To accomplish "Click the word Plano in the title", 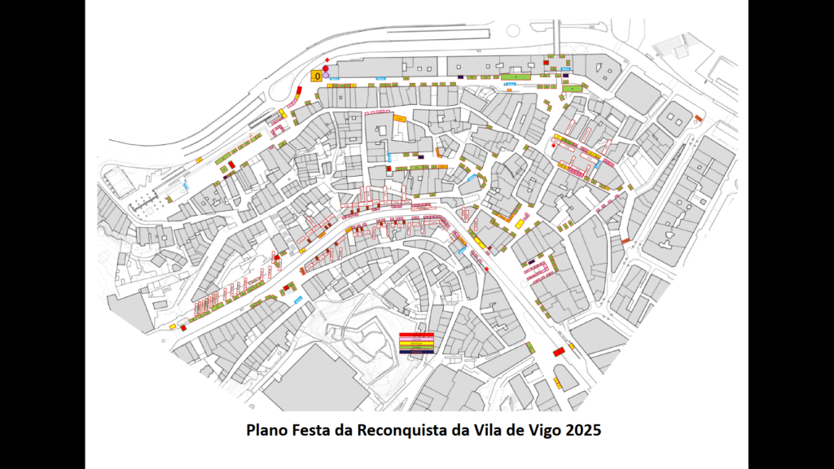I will point(267,430).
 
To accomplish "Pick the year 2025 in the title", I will point(583,430).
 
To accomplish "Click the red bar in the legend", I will point(416,335).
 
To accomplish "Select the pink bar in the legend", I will point(416,340).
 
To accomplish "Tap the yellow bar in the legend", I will point(416,344).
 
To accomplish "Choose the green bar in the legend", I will point(416,348).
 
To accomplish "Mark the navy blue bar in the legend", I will point(416,352).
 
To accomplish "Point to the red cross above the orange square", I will point(327,59).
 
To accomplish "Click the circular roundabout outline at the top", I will point(513,31).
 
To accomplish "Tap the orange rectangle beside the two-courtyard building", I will point(698,119).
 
